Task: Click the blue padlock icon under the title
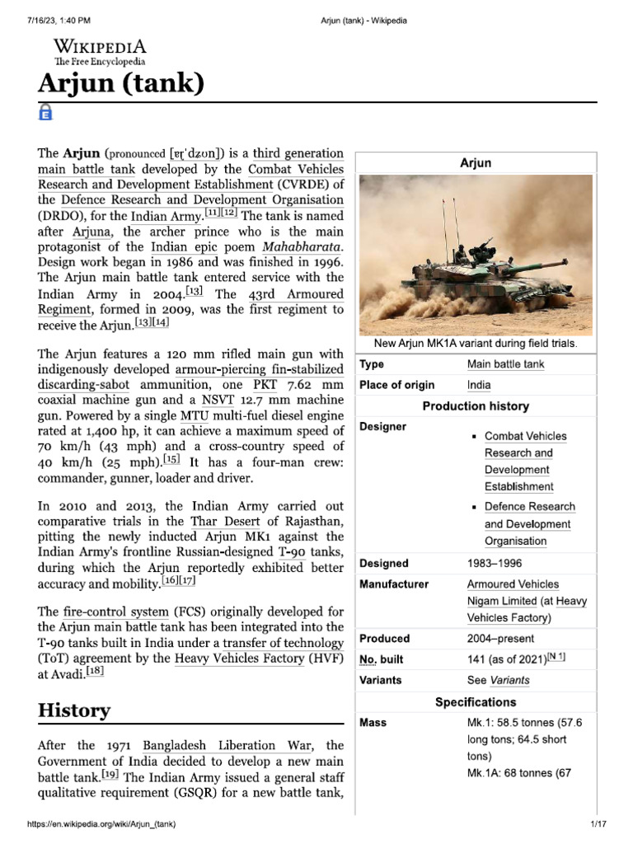click(46, 114)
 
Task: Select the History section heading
click(74, 710)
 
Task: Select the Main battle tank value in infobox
click(505, 364)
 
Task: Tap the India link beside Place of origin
click(478, 385)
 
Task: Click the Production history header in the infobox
click(476, 406)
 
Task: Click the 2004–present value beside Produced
click(500, 639)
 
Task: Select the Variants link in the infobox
click(509, 681)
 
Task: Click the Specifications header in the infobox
click(476, 702)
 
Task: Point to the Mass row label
click(373, 723)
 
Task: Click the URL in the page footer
click(101, 824)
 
